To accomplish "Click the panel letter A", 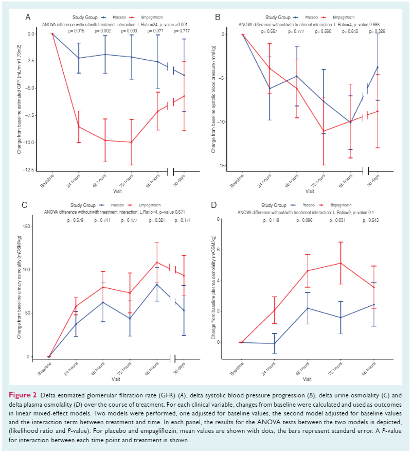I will (28, 17).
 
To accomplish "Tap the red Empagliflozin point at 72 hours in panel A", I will (131, 142).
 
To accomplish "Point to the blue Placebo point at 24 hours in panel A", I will (79, 58).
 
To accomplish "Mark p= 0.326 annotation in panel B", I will (378, 31).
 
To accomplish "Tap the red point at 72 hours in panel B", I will (324, 131).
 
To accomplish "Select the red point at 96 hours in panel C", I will (157, 262).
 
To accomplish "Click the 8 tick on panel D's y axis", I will (219, 219).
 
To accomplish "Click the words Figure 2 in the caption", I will (23, 395).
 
